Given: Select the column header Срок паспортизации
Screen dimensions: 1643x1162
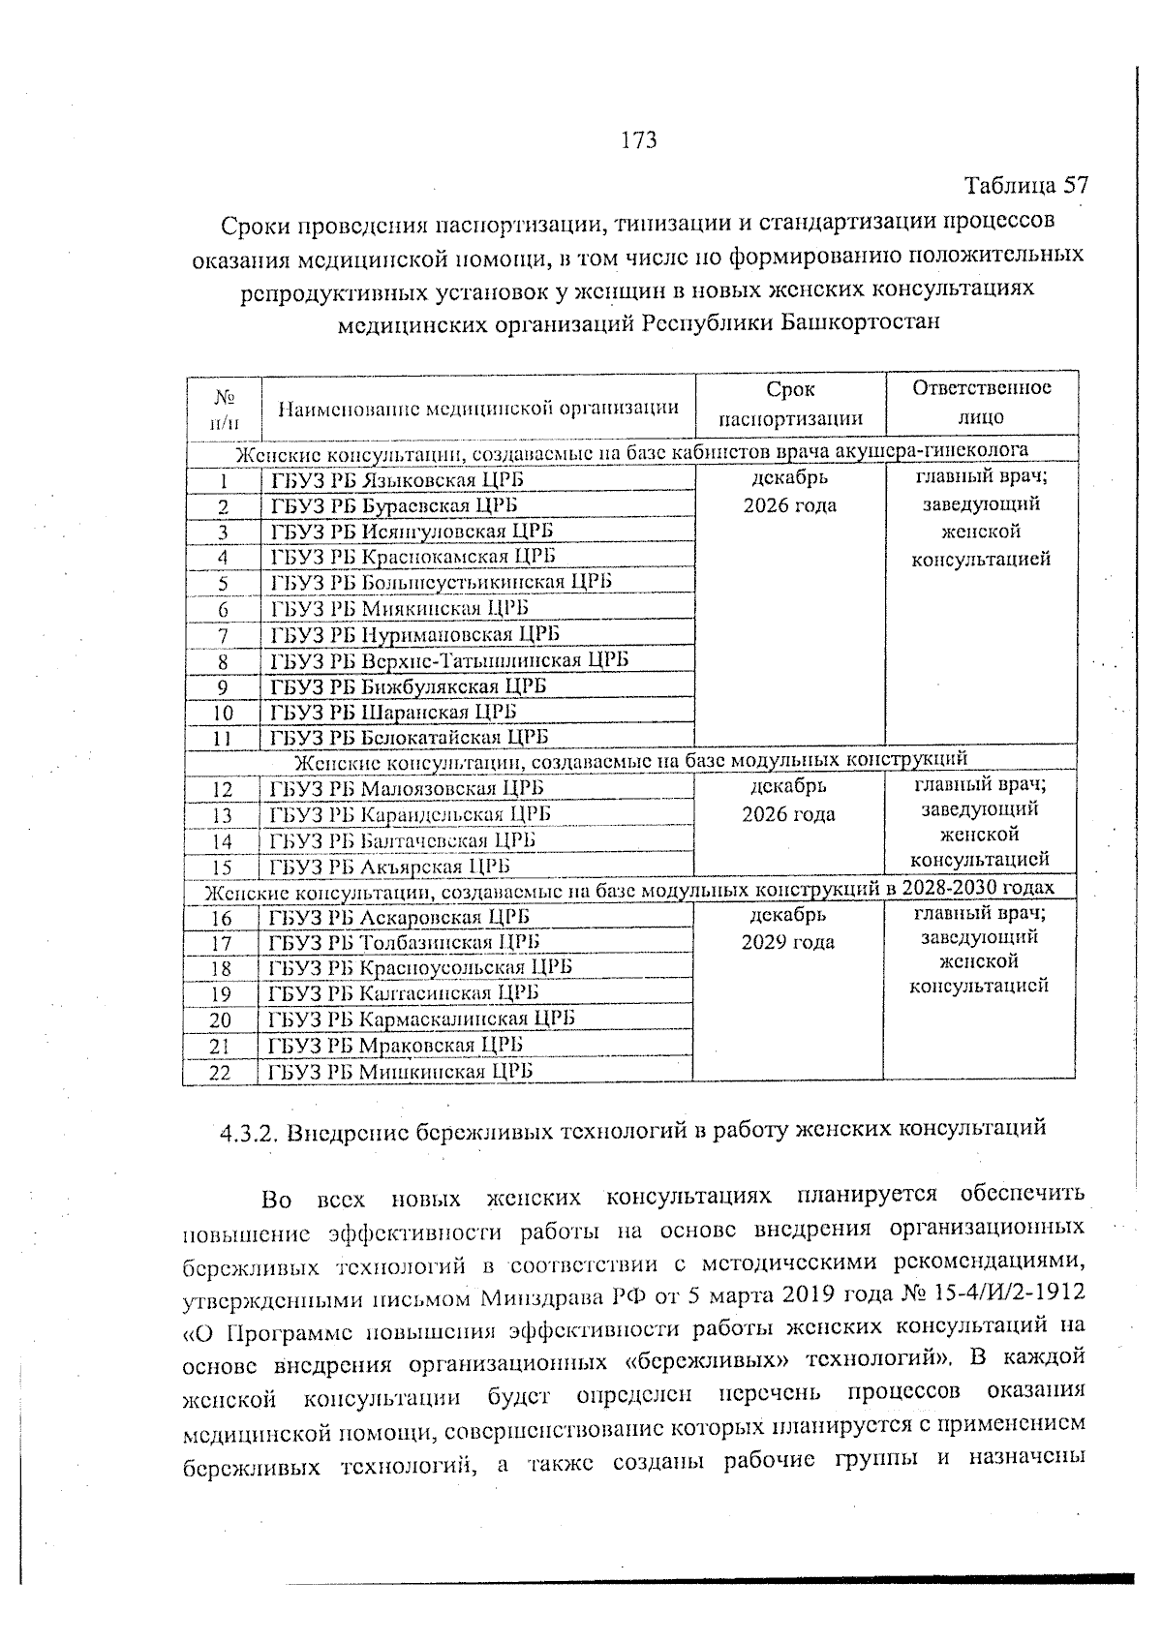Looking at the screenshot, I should pos(789,404).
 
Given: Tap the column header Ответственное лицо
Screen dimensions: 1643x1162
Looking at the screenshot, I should pos(981,403).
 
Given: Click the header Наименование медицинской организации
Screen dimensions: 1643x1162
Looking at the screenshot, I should pos(478,408).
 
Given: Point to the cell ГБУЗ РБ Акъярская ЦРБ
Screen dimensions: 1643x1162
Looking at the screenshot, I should pos(389,867).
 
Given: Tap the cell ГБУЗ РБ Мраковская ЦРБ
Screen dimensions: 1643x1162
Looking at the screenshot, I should pos(395,1045).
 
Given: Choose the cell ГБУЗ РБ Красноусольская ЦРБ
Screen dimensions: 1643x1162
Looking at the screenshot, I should pos(420,967).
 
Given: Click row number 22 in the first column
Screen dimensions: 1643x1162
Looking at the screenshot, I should pos(221,1072).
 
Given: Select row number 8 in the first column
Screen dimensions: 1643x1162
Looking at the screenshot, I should pos(223,662).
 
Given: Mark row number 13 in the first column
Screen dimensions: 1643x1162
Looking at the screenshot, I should pos(222,816).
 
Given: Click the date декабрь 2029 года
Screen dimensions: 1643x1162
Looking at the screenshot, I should pos(788,928).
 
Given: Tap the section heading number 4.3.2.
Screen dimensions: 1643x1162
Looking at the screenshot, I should pos(250,1132).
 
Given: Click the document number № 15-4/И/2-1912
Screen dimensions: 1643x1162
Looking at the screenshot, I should pos(984,1294).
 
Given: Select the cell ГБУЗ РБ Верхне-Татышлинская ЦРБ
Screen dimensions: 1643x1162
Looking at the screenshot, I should pos(449,660).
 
